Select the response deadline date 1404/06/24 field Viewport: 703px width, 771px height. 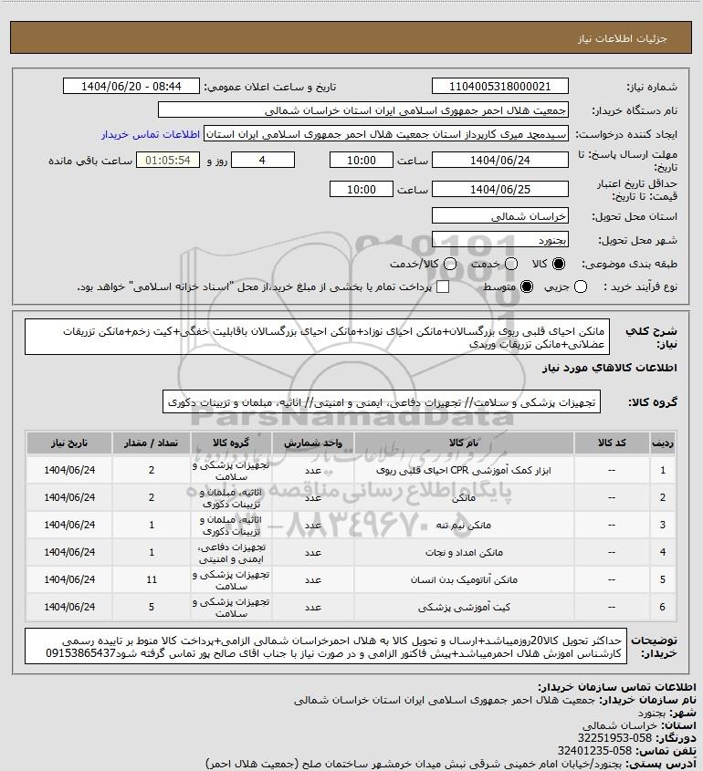tap(499, 161)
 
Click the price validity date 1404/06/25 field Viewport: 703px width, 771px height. tap(499, 190)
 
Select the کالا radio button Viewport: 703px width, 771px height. tap(560, 263)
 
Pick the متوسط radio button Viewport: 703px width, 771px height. tap(526, 287)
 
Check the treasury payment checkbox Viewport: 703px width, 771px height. tap(444, 287)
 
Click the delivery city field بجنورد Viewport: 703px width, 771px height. tap(499, 240)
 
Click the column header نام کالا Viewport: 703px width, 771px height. tap(463, 443)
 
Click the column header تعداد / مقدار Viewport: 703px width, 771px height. tap(151, 443)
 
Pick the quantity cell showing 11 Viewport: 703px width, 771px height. tap(151, 579)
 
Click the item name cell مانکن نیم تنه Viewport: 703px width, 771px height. tap(463, 526)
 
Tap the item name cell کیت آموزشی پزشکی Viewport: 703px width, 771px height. tap(463, 607)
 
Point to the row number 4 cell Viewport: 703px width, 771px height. tap(662, 552)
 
